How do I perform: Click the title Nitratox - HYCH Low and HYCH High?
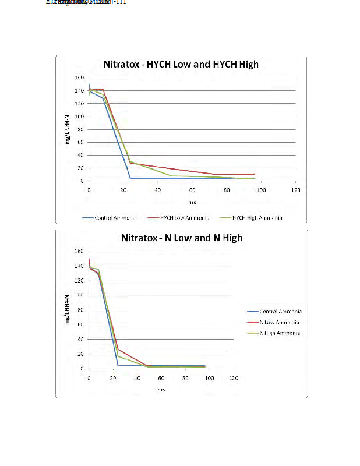tap(181, 64)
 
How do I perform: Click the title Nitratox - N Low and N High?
tap(181, 238)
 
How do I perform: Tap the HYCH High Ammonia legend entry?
tap(257, 217)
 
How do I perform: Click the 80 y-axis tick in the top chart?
tap(81, 129)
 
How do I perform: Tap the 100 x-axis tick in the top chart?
tap(261, 190)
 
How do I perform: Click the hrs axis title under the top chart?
tap(192, 201)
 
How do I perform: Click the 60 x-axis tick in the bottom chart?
tap(161, 379)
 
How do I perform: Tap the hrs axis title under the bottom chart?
tap(161, 389)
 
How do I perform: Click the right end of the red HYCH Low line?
tap(255, 174)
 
